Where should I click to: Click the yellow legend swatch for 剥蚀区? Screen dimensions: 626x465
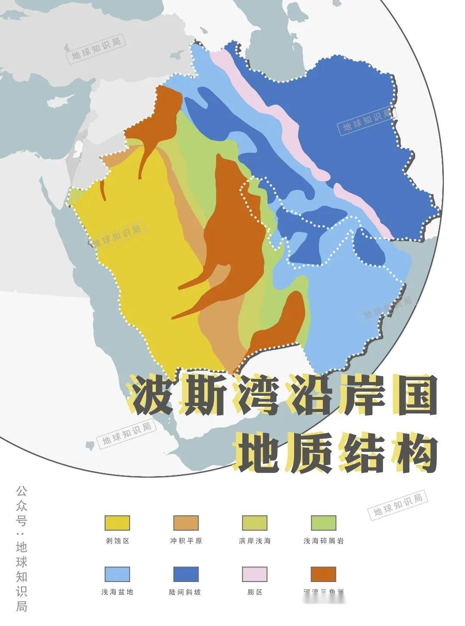point(117,523)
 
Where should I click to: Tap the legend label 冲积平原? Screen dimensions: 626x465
point(186,541)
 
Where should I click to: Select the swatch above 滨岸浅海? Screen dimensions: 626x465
point(254,523)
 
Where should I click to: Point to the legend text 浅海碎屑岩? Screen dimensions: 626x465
point(323,541)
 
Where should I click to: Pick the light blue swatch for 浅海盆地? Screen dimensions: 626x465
point(117,574)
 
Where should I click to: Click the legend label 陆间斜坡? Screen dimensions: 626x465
point(186,592)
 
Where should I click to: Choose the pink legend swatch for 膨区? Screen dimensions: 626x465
point(254,574)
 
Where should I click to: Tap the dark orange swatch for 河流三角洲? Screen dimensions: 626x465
point(323,574)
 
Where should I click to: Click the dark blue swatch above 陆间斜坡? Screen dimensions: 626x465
point(186,574)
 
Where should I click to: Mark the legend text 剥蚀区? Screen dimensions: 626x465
point(117,541)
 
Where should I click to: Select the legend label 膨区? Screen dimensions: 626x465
point(254,592)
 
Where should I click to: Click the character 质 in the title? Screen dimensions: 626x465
point(308,451)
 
